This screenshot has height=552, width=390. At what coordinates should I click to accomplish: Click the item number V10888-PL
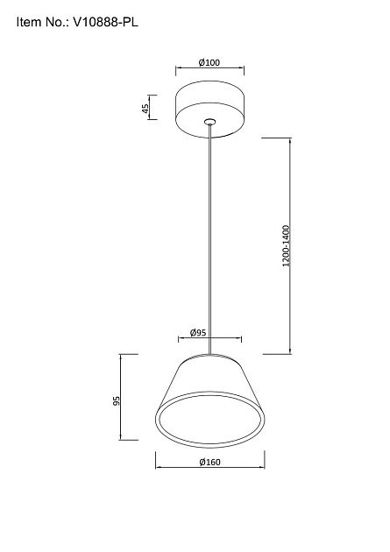[105, 22]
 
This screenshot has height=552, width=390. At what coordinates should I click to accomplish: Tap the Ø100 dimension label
[209, 63]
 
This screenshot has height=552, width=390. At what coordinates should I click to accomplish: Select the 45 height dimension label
[145, 108]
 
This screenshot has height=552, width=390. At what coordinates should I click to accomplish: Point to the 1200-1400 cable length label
[287, 245]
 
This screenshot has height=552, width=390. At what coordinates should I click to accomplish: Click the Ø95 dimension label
[198, 332]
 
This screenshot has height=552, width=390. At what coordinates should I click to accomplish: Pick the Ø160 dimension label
[209, 462]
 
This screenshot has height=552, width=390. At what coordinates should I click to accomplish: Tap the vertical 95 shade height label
[117, 400]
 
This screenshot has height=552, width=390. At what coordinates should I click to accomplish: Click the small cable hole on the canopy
[209, 122]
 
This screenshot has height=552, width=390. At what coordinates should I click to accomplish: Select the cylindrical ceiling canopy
[209, 110]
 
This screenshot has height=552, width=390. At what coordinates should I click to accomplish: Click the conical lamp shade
[209, 401]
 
